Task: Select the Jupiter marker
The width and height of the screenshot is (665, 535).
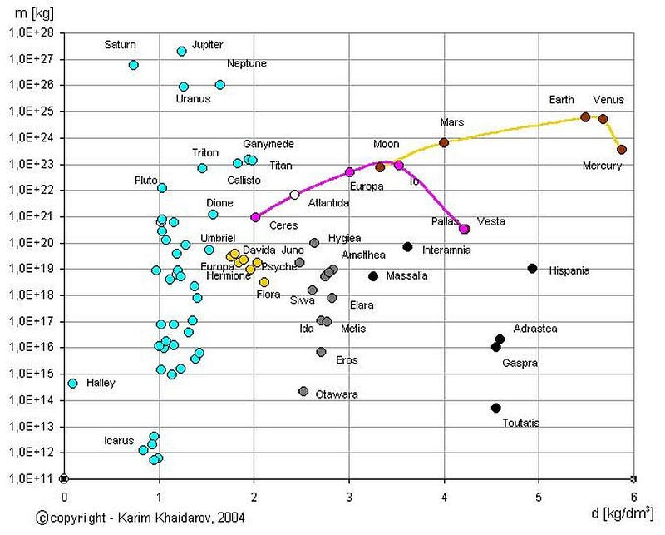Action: click(182, 52)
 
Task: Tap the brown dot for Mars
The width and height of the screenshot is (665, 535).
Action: click(444, 142)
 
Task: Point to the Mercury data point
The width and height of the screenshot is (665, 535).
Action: click(621, 150)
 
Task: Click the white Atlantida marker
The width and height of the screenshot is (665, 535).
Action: click(294, 195)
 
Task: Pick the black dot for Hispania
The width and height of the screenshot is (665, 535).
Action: click(532, 269)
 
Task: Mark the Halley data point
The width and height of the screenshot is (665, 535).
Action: click(72, 384)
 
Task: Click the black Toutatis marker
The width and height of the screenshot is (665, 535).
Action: click(495, 408)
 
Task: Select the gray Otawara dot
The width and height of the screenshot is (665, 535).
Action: click(303, 391)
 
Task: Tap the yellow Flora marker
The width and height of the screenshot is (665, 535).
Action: click(264, 282)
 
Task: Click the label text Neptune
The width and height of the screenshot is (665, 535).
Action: click(247, 63)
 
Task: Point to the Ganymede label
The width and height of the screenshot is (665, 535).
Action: click(268, 144)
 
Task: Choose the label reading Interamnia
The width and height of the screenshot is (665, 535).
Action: click(446, 250)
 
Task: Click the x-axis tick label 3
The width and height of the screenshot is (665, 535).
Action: click(349, 497)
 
